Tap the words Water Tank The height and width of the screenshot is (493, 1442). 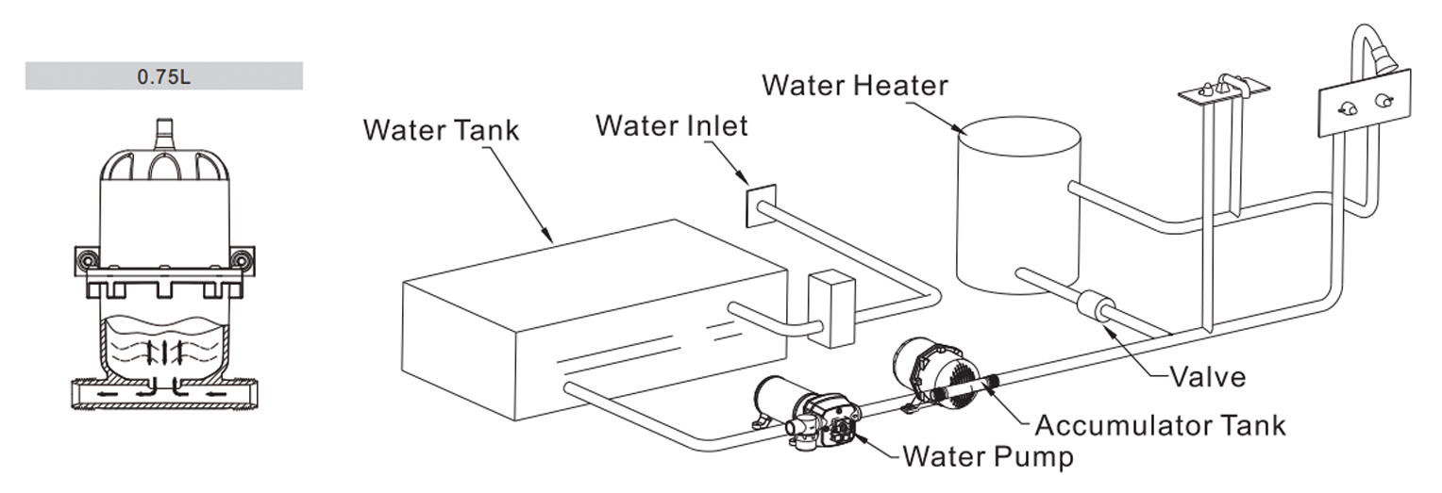tap(441, 129)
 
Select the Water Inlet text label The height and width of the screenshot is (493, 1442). tap(671, 124)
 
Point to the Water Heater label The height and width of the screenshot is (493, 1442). tap(855, 85)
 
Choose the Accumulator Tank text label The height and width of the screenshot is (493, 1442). tap(1160, 425)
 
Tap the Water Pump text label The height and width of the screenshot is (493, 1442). tap(988, 457)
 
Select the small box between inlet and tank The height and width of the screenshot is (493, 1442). tap(830, 308)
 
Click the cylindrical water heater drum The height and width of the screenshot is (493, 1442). tap(1017, 207)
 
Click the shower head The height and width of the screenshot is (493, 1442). tap(1383, 58)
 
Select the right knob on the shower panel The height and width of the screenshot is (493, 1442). tap(1384, 101)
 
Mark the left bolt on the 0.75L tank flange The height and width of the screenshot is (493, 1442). tap(87, 260)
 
